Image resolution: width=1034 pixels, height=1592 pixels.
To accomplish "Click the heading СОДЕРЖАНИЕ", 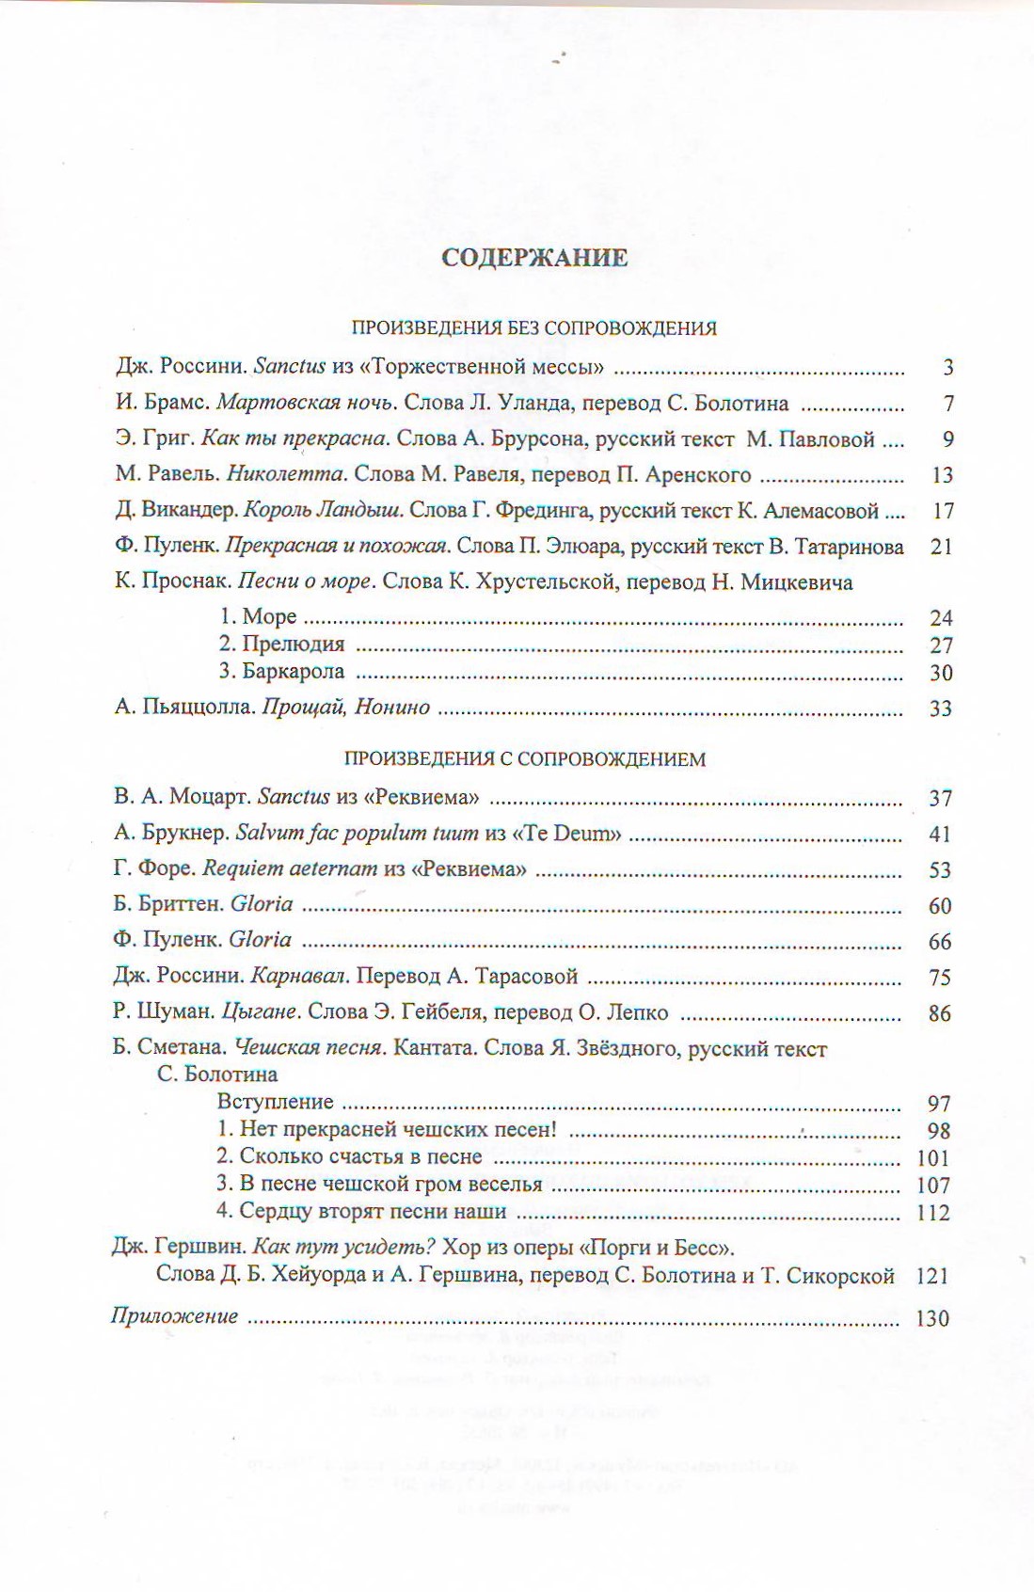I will (x=533, y=258).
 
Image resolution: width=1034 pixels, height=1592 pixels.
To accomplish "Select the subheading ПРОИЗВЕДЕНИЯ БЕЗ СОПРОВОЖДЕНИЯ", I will (x=533, y=328).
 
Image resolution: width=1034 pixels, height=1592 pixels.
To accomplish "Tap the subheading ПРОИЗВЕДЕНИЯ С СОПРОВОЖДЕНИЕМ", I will (x=524, y=759).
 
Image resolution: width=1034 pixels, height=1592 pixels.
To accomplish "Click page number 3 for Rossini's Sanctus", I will (x=948, y=368).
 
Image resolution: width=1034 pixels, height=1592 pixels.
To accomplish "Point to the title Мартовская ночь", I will (x=306, y=404).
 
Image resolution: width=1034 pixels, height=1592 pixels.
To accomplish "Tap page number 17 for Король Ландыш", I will (x=942, y=511).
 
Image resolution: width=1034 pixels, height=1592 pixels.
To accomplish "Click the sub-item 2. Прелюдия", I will (x=281, y=645).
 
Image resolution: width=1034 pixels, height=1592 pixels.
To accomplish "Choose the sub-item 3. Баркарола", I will (x=281, y=672).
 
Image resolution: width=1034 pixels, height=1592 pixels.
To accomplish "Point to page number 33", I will (x=941, y=708).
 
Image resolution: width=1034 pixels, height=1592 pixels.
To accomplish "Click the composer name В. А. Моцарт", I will (x=182, y=798).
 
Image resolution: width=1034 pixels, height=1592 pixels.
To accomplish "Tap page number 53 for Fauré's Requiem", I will (x=940, y=870).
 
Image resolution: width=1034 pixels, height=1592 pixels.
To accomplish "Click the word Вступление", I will (x=275, y=1103).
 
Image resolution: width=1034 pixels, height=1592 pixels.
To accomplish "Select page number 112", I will (x=933, y=1213).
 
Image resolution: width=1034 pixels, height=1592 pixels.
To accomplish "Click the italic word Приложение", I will (x=174, y=1316).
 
